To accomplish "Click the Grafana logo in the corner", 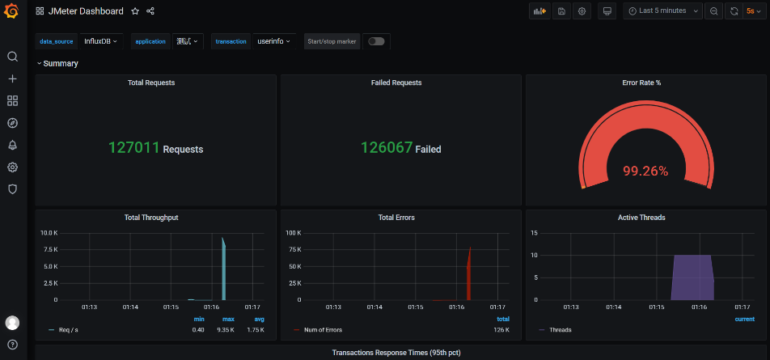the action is (x=11, y=11).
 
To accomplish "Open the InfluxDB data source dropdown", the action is (x=100, y=42).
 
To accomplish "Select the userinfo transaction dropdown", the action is (x=273, y=42).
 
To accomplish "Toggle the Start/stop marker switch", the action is (x=376, y=42).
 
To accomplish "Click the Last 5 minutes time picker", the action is (x=662, y=11).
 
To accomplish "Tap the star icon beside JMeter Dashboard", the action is (x=135, y=11).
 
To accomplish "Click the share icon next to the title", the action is (x=150, y=11).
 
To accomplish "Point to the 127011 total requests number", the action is (x=134, y=147).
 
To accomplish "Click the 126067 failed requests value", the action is (x=387, y=147).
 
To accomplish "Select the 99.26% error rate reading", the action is (x=645, y=171).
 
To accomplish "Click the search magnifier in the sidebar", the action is (x=13, y=57).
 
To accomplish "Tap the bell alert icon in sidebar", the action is (x=13, y=145).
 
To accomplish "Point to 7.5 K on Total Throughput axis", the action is (x=51, y=249).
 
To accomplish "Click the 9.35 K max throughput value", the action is (x=226, y=330).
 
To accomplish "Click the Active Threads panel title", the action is (x=641, y=217).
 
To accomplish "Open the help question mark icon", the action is (x=13, y=345).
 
